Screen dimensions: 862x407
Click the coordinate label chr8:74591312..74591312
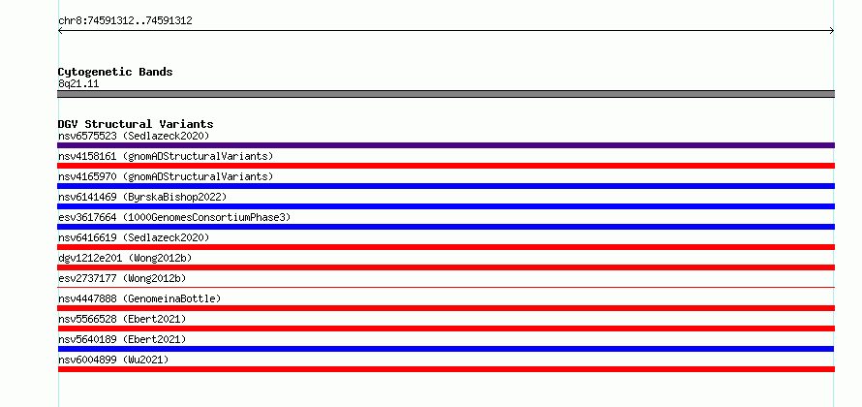click(125, 21)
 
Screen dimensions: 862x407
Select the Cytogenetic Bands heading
click(115, 72)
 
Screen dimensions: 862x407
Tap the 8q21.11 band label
click(78, 84)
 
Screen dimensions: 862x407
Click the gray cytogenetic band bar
click(446, 94)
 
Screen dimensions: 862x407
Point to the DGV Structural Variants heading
click(136, 124)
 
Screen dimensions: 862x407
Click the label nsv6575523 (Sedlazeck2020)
click(134, 136)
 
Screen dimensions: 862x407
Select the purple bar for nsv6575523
click(446, 145)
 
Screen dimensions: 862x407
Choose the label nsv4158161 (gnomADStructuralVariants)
click(166, 156)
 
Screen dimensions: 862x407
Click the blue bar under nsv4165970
click(446, 186)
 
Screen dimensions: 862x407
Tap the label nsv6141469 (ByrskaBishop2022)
click(142, 197)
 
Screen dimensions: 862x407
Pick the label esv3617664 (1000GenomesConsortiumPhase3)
click(174, 217)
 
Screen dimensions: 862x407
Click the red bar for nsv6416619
click(446, 247)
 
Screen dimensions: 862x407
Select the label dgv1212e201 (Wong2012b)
click(125, 258)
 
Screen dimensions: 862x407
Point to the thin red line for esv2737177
click(446, 287)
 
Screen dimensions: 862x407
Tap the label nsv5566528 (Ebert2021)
click(122, 319)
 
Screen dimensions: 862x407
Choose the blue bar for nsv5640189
click(446, 349)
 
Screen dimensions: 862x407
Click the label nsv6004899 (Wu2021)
click(113, 360)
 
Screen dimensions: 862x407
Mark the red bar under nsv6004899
click(446, 369)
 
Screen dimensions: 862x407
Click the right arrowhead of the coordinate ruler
click(833, 31)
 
